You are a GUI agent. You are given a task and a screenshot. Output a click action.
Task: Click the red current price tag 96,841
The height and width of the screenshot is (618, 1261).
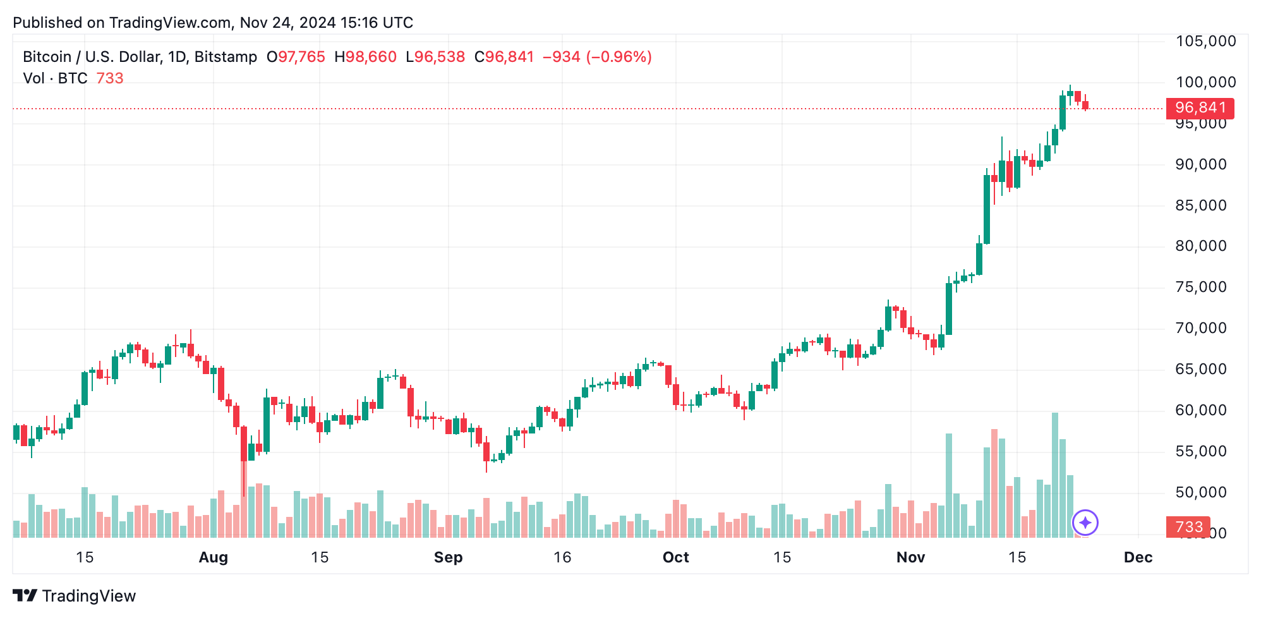click(x=1199, y=108)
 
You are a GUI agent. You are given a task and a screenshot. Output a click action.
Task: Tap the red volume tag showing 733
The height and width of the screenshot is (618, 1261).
click(x=1188, y=527)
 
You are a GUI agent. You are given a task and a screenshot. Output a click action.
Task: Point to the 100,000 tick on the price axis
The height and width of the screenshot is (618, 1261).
click(x=1205, y=82)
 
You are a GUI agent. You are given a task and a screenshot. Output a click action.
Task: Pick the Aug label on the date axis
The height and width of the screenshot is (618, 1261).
click(x=213, y=557)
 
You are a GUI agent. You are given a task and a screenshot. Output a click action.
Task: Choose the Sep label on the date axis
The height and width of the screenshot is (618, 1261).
click(x=448, y=557)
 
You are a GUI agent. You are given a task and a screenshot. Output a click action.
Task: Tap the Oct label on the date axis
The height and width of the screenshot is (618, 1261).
click(x=675, y=557)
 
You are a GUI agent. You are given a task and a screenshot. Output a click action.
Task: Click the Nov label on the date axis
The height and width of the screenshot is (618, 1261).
click(x=910, y=557)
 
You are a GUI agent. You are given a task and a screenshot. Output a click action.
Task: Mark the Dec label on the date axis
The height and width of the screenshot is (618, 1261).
click(x=1138, y=557)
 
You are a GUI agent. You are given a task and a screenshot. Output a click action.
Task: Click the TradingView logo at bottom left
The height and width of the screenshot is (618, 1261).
click(x=74, y=596)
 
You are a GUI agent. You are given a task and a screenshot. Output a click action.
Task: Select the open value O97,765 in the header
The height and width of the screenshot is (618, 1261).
click(x=296, y=57)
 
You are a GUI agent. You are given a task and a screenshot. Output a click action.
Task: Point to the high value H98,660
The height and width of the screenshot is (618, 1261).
click(x=365, y=57)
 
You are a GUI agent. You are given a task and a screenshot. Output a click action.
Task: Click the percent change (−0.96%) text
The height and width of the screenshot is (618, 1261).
click(x=618, y=57)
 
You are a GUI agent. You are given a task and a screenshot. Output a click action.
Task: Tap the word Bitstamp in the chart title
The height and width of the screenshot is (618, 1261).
click(x=226, y=57)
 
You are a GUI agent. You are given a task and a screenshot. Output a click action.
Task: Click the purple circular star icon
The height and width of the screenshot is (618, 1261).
click(x=1085, y=523)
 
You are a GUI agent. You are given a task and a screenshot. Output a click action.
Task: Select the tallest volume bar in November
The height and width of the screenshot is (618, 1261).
click(x=1054, y=475)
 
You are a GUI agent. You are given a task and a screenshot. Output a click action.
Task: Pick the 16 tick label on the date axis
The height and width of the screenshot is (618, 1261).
click(x=562, y=557)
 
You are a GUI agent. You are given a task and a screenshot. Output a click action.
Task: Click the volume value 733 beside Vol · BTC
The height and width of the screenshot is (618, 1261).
click(x=110, y=78)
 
